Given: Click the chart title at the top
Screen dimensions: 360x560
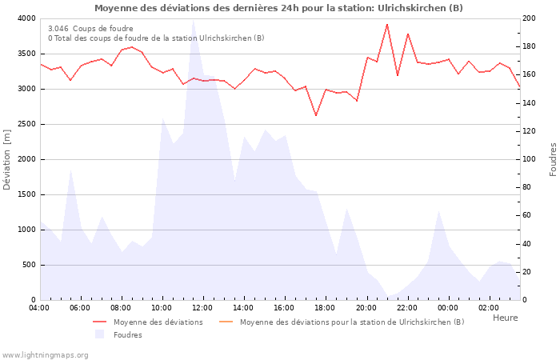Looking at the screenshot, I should pyautogui.click(x=278, y=8).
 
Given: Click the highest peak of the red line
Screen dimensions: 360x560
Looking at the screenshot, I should pyautogui.click(x=387, y=24).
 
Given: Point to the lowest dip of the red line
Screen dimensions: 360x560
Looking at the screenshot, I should pyautogui.click(x=316, y=115).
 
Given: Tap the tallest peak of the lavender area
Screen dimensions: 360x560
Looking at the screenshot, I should pyautogui.click(x=193, y=21).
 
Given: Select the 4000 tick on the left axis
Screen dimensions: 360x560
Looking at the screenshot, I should pyautogui.click(x=26, y=18).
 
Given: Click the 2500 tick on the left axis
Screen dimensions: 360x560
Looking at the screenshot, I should pyautogui.click(x=26, y=124).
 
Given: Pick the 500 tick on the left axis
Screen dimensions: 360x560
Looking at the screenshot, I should pyautogui.click(x=29, y=265).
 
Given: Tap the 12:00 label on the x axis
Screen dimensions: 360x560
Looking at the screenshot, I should pyautogui.click(x=202, y=308).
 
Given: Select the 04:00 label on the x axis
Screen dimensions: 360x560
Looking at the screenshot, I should pyautogui.click(x=39, y=308).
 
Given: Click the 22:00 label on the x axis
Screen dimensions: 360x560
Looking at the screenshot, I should pyautogui.click(x=407, y=308).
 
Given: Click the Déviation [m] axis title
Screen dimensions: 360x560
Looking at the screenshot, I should pyautogui.click(x=7, y=159).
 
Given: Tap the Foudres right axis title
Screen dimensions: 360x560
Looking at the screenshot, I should pyautogui.click(x=553, y=159).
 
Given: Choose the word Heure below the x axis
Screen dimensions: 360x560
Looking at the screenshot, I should pyautogui.click(x=505, y=318).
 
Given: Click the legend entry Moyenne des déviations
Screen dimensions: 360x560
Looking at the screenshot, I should pyautogui.click(x=158, y=322).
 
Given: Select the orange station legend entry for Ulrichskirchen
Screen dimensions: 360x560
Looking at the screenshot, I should pyautogui.click(x=351, y=322).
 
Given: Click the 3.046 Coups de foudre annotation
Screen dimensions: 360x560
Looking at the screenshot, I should pyautogui.click(x=90, y=28).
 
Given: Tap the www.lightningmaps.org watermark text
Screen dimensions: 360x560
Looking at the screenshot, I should pyautogui.click(x=46, y=354).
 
